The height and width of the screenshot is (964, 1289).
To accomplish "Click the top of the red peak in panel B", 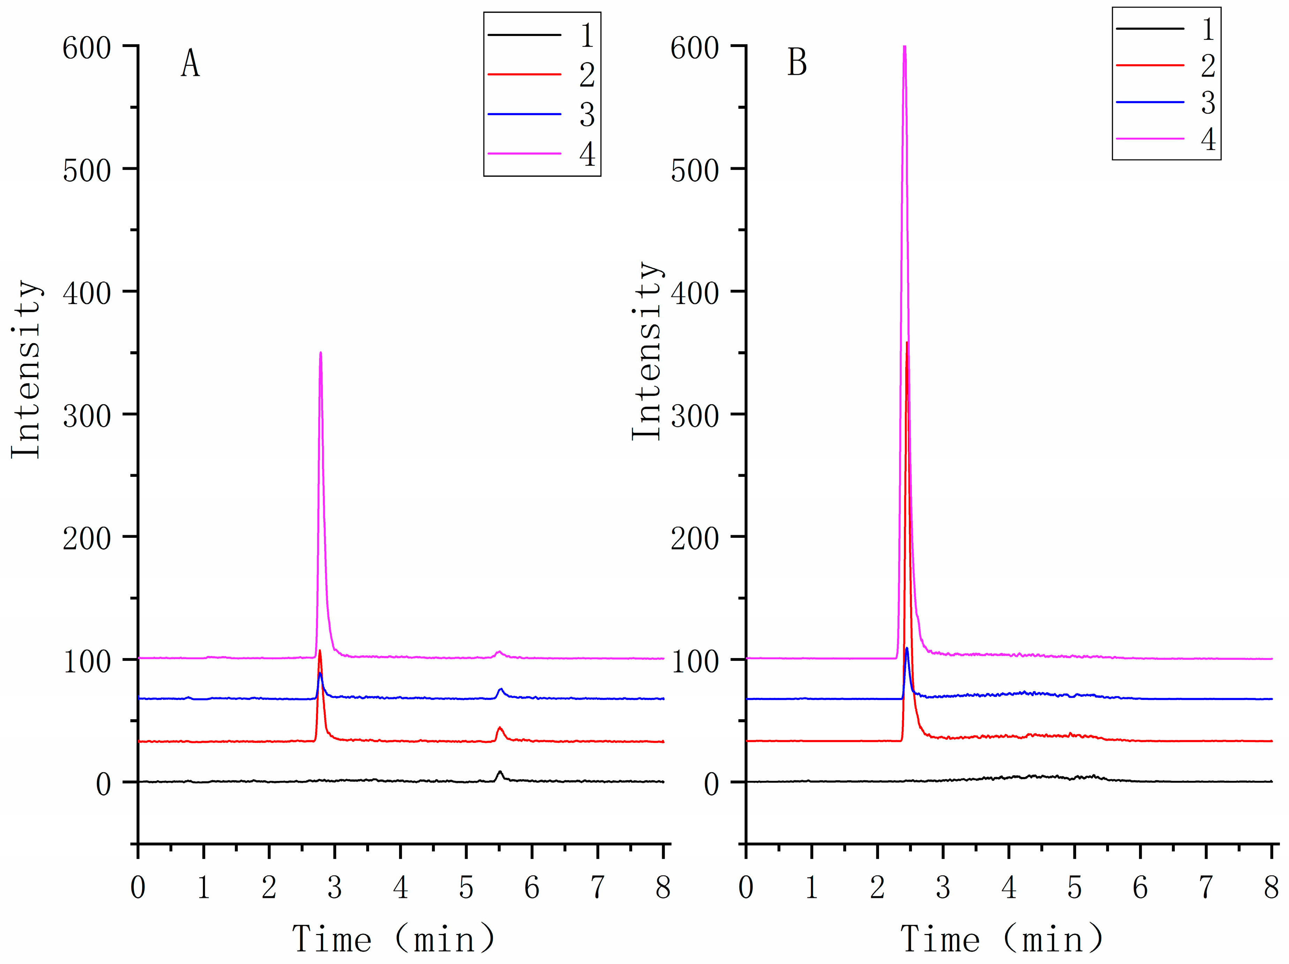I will (907, 343).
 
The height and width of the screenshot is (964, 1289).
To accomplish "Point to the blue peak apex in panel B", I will (907, 648).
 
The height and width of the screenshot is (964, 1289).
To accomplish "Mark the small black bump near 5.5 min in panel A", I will (500, 773).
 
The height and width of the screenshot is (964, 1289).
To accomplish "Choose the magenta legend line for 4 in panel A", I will (524, 153).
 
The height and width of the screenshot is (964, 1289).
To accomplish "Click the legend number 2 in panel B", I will (1208, 66).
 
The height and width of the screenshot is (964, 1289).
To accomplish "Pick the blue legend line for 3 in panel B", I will (1150, 102).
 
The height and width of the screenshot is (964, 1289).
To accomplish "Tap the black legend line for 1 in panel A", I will (524, 35).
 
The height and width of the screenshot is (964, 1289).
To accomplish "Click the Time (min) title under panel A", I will (394, 939).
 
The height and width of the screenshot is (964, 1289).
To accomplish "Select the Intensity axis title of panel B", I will (647, 351).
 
